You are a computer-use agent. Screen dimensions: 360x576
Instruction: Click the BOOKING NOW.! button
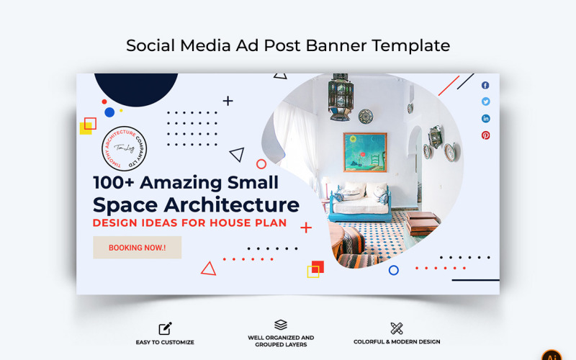[137, 248]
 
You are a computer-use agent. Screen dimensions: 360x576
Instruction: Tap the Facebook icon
[485, 86]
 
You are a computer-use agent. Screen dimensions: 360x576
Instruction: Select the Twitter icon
[485, 102]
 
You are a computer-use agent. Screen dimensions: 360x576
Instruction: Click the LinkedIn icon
[485, 119]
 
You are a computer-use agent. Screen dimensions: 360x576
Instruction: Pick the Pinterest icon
[485, 135]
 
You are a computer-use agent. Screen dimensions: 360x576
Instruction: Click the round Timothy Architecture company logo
[125, 148]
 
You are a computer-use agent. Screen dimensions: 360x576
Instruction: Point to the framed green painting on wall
[364, 152]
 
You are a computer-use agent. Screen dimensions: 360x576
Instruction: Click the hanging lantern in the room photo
[341, 96]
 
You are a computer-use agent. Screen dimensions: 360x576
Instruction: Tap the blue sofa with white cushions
[359, 203]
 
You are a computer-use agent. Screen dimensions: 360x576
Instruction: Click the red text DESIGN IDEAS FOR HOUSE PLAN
[189, 223]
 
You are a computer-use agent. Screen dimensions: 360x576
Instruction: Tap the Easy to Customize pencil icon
[165, 329]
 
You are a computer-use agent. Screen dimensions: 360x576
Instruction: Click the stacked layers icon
[281, 325]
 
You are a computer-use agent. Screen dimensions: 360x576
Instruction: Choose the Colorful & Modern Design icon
[396, 329]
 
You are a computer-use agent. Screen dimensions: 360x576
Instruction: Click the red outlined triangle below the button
[208, 269]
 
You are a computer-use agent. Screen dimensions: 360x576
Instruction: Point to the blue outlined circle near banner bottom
[393, 270]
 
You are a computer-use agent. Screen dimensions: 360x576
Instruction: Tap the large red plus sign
[306, 228]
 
